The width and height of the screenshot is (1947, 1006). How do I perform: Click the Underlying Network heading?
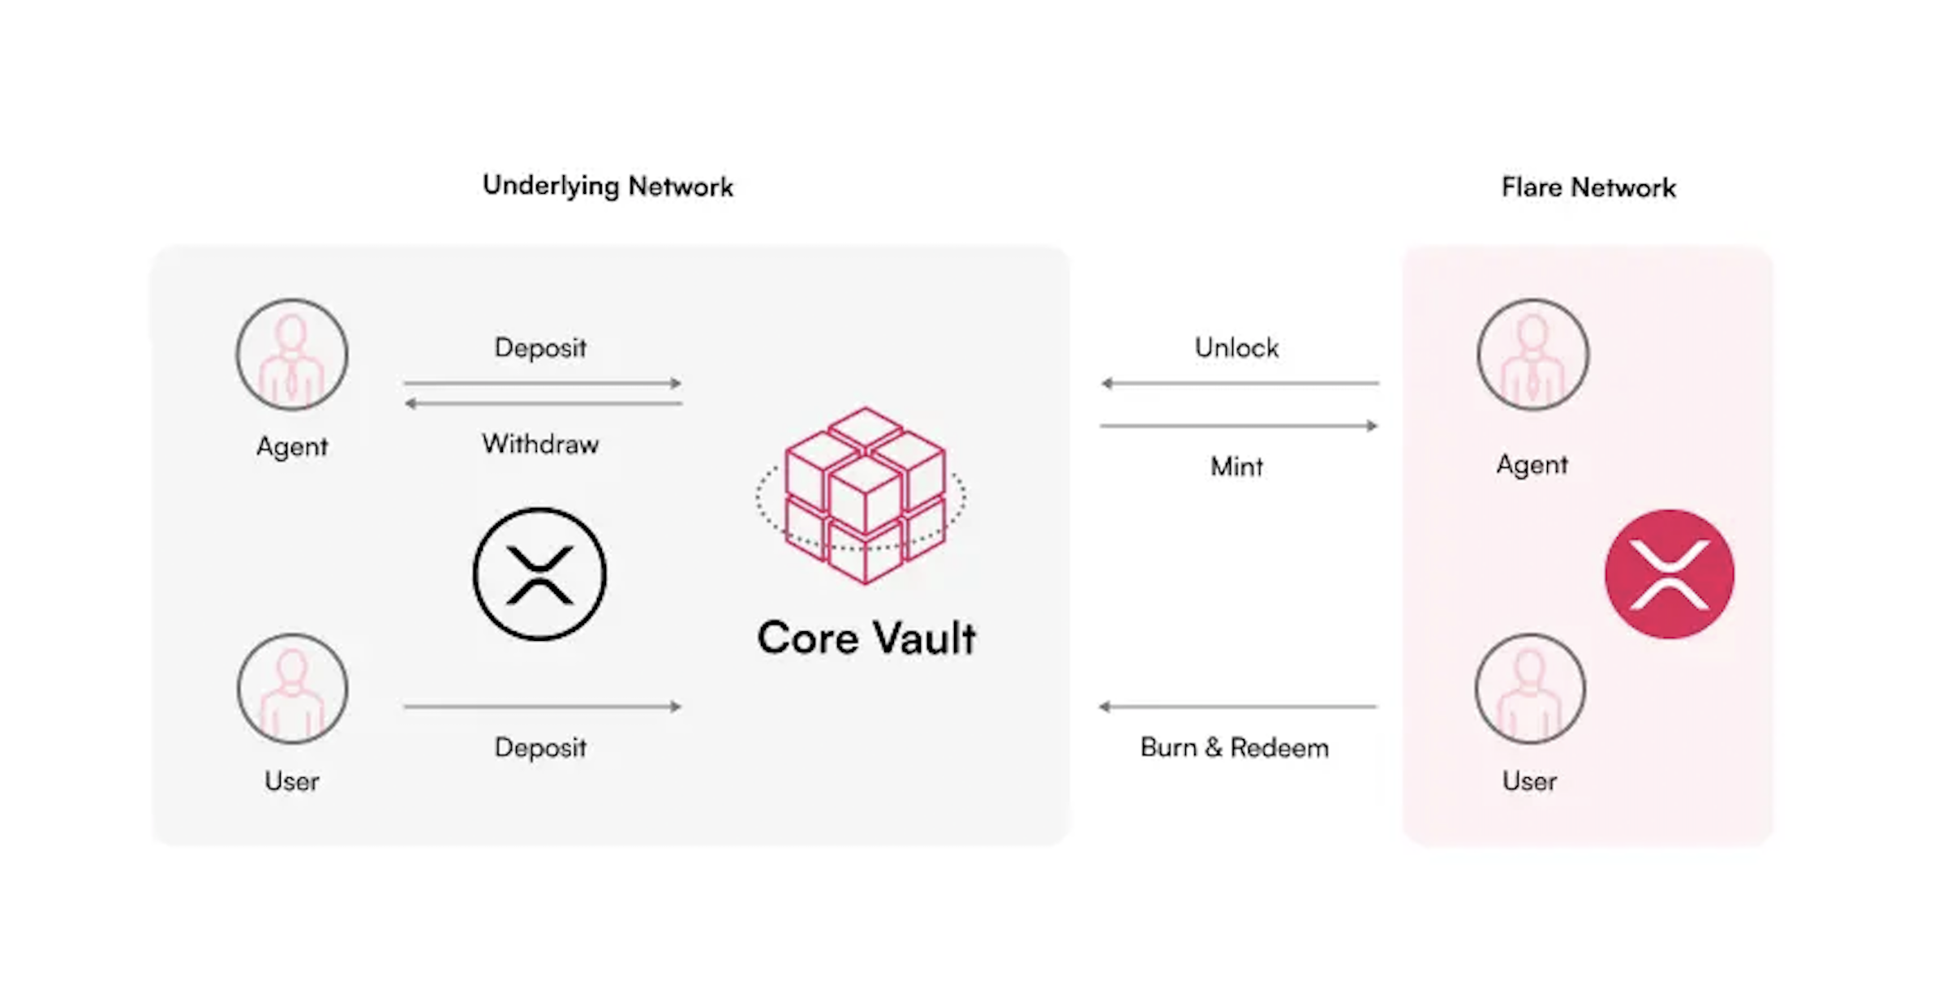point(608,187)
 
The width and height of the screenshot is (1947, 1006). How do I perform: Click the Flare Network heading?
point(1588,187)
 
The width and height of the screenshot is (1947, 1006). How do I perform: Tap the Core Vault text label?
point(866,638)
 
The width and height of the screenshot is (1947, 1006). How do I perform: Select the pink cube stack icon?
point(863,495)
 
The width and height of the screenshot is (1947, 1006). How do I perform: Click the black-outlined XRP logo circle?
point(539,574)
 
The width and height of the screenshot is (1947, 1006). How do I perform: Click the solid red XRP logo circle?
point(1669,574)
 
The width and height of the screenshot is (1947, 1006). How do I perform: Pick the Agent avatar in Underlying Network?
point(292,355)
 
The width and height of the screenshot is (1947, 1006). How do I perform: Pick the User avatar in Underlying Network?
point(292,689)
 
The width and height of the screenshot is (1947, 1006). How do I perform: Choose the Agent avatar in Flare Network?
point(1532,355)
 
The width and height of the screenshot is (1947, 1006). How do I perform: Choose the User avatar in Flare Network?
point(1530,689)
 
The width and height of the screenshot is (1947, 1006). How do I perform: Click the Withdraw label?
point(540,444)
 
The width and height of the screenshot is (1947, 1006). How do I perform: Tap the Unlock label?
point(1236,348)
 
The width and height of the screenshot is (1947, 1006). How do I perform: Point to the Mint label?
point(1236,466)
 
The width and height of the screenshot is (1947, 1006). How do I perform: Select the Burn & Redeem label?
point(1234,747)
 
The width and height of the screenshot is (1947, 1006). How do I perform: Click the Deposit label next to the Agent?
point(540,348)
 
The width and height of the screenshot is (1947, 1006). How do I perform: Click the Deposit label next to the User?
point(540,747)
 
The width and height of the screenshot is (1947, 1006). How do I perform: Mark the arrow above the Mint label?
point(1239,426)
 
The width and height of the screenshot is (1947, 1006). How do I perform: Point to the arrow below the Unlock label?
point(1239,383)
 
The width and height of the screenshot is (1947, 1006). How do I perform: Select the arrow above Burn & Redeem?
point(1237,707)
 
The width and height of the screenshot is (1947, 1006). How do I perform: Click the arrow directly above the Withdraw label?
point(543,403)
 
